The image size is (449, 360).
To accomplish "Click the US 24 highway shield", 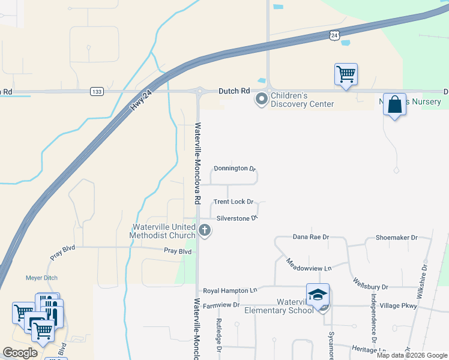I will point(334,35).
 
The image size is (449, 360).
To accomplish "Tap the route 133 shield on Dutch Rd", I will point(97,91).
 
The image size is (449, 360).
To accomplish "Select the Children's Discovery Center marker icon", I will point(261,99).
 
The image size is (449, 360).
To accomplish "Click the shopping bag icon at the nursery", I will point(394,104).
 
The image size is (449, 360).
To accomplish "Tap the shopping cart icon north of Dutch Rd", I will point(346,74).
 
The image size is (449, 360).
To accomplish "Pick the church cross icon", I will point(205,229).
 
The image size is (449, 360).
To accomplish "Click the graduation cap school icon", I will point(318,295).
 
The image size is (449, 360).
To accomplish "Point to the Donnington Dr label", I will point(235,169).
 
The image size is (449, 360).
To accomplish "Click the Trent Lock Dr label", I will point(234,202).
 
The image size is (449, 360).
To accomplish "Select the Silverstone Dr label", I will point(237,218).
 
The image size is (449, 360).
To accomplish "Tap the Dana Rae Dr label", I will point(311,237).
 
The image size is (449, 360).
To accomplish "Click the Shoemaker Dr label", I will point(396,238).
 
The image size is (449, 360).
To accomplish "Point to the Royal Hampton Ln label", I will point(230,290).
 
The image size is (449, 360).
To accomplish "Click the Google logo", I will point(20,353).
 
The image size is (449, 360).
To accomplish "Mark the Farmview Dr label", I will point(221,305).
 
